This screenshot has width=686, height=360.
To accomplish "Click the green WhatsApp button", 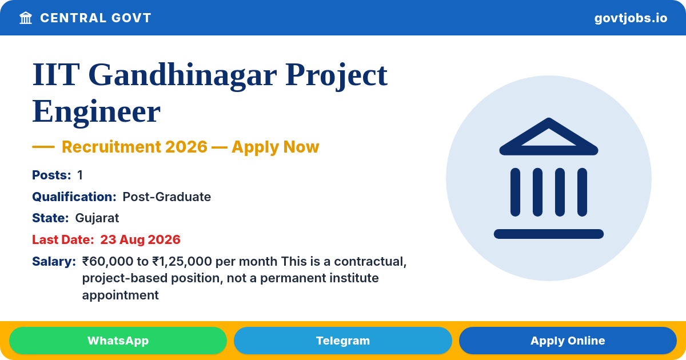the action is click(118, 341).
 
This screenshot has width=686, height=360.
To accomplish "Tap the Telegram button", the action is click(342, 341).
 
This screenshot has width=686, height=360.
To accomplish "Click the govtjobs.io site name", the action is click(631, 18).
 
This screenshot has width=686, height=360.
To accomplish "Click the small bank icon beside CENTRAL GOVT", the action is click(26, 18).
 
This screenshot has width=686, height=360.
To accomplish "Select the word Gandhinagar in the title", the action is click(182, 75).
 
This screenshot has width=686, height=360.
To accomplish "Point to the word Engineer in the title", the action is click(96, 112).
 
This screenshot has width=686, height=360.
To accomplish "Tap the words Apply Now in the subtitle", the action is click(276, 147).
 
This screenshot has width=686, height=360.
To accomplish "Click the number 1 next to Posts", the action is click(80, 175).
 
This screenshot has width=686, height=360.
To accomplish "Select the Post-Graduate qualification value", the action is click(166, 197).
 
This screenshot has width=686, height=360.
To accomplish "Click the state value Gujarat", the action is click(97, 218).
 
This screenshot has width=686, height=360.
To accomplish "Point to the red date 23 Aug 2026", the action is click(140, 239).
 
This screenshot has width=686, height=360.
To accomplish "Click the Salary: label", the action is click(54, 262).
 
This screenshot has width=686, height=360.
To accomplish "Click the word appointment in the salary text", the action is click(121, 295).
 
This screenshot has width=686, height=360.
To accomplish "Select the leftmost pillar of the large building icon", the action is click(515, 192).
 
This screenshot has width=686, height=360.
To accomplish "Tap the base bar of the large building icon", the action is click(548, 234).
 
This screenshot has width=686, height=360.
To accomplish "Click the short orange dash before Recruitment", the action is click(43, 147).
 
